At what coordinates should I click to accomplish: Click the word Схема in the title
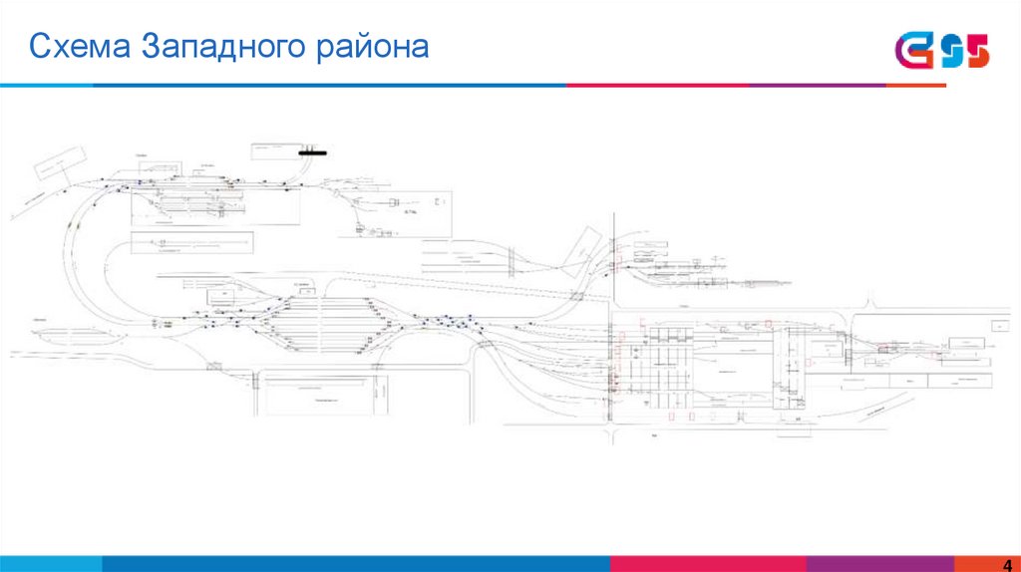coord(80,47)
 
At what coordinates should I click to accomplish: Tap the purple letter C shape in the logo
coord(912,50)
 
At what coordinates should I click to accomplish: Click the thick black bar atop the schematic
coord(315,152)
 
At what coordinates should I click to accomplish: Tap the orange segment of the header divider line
coord(915,86)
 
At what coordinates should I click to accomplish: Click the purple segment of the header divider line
coord(817,86)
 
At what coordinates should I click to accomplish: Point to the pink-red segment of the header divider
coord(657,86)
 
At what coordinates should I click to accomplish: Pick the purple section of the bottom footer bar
coord(866,564)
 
